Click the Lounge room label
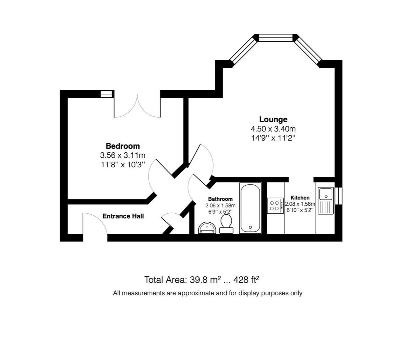tap(273, 119)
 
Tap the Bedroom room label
tap(123, 146)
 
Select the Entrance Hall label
tap(123, 216)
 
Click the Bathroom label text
tap(220, 199)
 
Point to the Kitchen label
tap(300, 198)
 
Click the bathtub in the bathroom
tap(250, 208)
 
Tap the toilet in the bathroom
tap(226, 223)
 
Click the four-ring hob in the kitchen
tap(275, 205)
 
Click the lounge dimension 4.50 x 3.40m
tap(273, 129)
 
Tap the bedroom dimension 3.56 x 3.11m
tap(123, 155)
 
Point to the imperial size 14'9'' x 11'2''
tap(273, 138)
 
